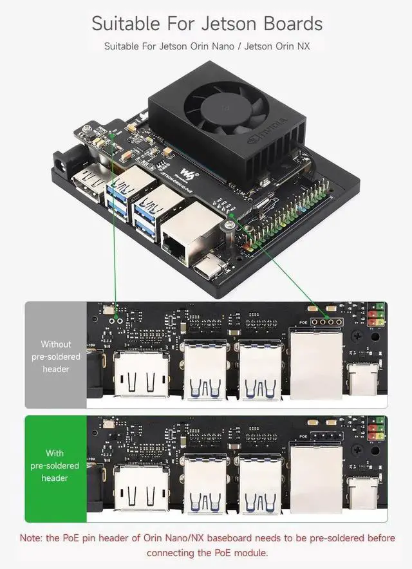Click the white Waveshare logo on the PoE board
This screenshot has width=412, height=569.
187,172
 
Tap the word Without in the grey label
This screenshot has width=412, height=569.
56,344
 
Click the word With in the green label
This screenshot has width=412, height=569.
55,453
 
